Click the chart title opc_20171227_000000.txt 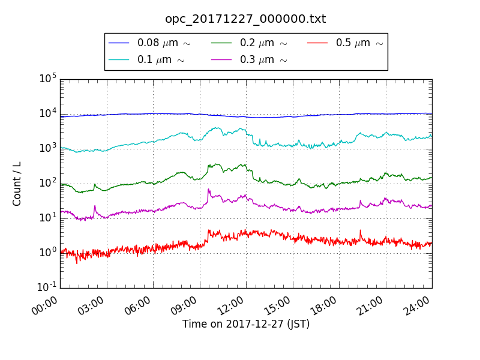tap(245, 19)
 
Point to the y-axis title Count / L tap(17, 183)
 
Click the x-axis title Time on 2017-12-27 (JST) tap(246, 324)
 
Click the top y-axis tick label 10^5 tap(48, 79)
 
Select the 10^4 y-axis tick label tap(48, 113)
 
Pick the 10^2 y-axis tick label tap(48, 183)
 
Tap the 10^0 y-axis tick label tap(48, 253)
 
